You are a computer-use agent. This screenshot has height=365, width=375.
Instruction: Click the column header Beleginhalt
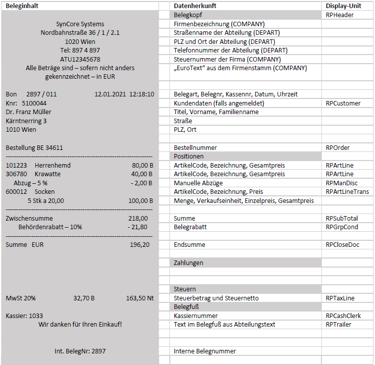click(x=22, y=6)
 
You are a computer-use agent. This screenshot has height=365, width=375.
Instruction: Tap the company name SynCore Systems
click(x=80, y=24)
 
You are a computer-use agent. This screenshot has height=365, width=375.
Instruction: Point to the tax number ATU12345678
click(x=80, y=59)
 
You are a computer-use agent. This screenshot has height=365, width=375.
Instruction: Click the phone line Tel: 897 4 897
click(x=80, y=50)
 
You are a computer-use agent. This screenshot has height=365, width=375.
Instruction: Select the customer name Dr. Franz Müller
click(x=29, y=112)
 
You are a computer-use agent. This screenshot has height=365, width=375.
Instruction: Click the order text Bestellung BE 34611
click(x=34, y=147)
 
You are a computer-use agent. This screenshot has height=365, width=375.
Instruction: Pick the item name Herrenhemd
click(x=53, y=165)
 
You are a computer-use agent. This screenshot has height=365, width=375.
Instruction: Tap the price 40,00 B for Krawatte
click(x=143, y=174)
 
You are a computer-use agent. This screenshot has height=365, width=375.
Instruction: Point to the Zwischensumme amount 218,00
click(x=138, y=218)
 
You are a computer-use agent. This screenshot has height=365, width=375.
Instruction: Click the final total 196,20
click(x=139, y=245)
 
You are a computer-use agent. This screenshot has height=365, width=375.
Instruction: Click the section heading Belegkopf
click(x=188, y=15)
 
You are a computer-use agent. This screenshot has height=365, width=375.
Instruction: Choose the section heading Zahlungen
click(x=189, y=263)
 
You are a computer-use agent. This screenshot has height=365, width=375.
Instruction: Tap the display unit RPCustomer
click(x=343, y=103)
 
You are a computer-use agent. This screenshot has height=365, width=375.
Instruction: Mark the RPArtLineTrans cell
click(x=347, y=192)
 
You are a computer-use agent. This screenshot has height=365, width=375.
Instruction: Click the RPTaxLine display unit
click(x=340, y=298)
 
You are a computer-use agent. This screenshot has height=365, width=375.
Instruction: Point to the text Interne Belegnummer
click(x=205, y=351)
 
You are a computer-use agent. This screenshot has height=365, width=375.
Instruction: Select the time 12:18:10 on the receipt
click(x=142, y=94)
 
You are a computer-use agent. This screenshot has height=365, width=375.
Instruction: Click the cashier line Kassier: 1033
click(x=24, y=316)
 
